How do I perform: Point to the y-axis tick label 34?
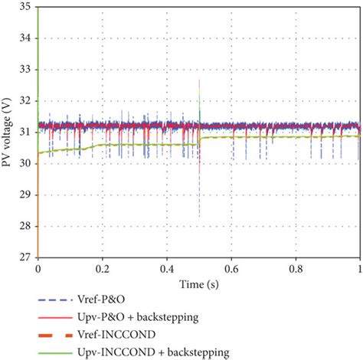(25, 38)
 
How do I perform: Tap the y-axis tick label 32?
(25, 100)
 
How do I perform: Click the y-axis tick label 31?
(25, 132)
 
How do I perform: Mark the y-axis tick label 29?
(25, 195)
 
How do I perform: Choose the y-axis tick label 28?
(25, 226)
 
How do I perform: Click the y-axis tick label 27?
(25, 257)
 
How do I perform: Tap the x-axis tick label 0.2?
(102, 270)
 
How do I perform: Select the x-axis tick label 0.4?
(166, 270)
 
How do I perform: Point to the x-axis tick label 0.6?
(231, 270)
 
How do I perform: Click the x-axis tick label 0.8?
(295, 270)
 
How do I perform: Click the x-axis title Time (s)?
(198, 283)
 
